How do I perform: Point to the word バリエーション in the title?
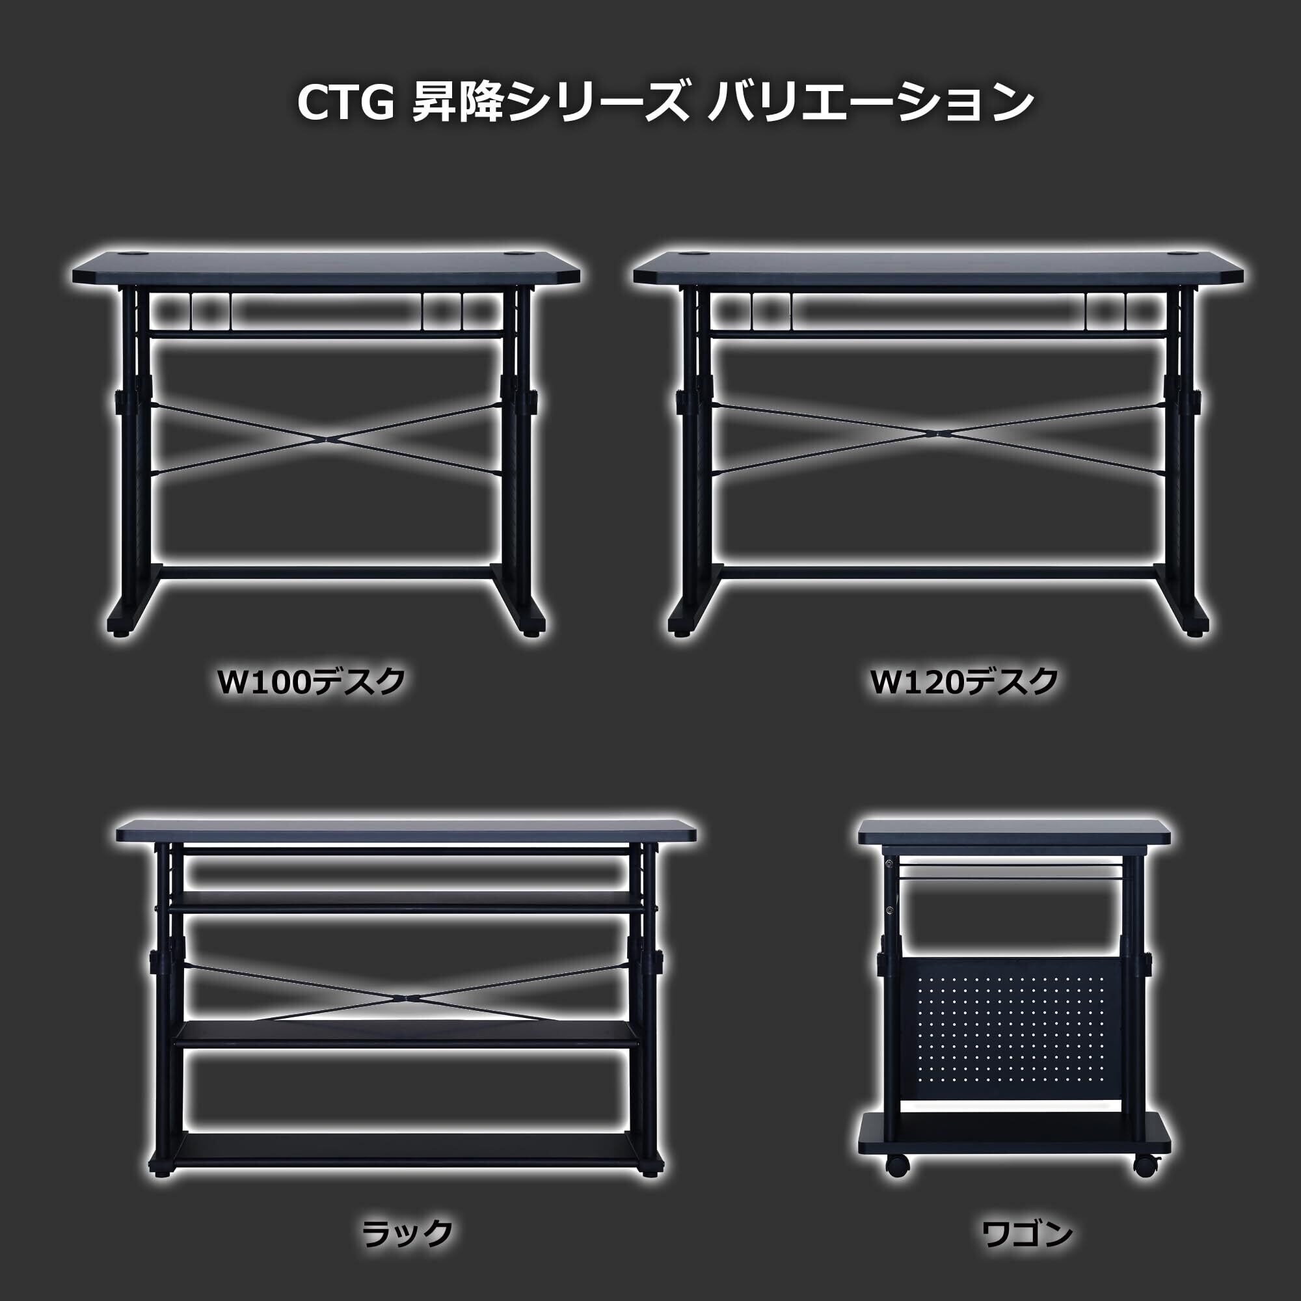pyautogui.click(x=870, y=103)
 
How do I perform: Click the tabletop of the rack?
pyautogui.click(x=406, y=833)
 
